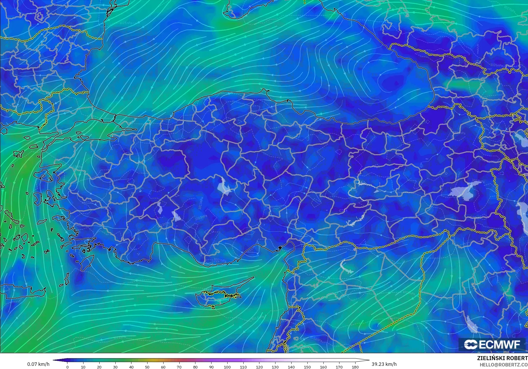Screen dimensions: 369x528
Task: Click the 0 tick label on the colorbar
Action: pos(67,367)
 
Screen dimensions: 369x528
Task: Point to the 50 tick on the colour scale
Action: pos(147,367)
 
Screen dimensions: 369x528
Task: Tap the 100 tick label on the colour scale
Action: pos(227,367)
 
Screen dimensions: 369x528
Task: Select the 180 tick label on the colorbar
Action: pos(355,367)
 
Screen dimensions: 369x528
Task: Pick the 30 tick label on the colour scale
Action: pos(115,367)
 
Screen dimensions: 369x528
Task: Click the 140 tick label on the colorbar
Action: pos(291,367)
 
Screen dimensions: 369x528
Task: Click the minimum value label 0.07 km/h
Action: pos(38,364)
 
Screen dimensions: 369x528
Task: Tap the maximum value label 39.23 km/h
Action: pos(384,364)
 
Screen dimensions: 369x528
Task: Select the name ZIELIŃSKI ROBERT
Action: pos(502,358)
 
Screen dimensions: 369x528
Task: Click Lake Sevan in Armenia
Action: pos(520,139)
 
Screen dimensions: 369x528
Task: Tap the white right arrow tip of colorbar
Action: pos(368,360)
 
